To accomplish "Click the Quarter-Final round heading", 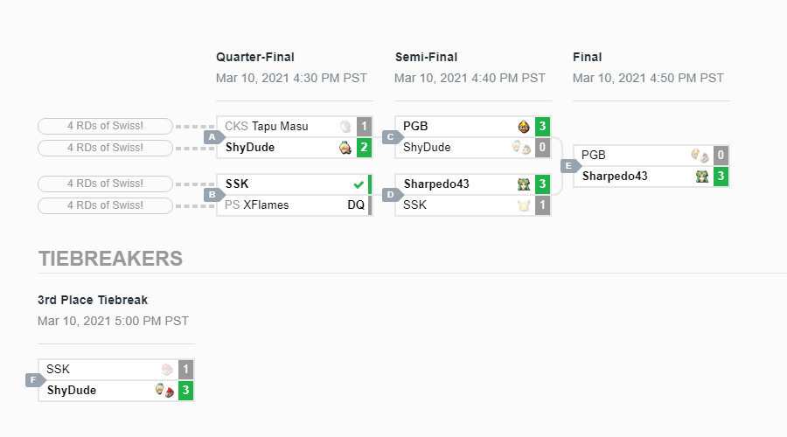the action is pyautogui.click(x=255, y=57).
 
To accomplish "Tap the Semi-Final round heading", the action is pyautogui.click(x=426, y=57).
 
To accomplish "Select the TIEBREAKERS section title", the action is pyautogui.click(x=110, y=259).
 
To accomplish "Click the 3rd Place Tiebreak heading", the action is pyautogui.click(x=93, y=300).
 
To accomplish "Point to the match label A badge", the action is pyautogui.click(x=213, y=137).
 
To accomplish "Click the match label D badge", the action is pyautogui.click(x=392, y=195).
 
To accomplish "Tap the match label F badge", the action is pyautogui.click(x=35, y=380).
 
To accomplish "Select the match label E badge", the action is pyautogui.click(x=570, y=166).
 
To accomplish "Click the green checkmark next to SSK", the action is pyautogui.click(x=359, y=184).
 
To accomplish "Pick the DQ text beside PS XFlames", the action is pyautogui.click(x=356, y=205).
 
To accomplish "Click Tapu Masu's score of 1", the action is pyautogui.click(x=365, y=127).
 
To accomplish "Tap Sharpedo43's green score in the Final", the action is pyautogui.click(x=721, y=176).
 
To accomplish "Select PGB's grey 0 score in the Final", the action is pyautogui.click(x=721, y=155).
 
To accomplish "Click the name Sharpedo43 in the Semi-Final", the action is pyautogui.click(x=436, y=184).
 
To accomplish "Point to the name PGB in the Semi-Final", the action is pyautogui.click(x=415, y=127).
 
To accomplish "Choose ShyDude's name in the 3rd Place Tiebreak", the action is pyautogui.click(x=72, y=391).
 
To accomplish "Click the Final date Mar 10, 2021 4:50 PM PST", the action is pyautogui.click(x=648, y=79).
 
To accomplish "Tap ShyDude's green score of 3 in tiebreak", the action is pyautogui.click(x=185, y=391).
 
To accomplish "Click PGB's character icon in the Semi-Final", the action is pyautogui.click(x=524, y=127).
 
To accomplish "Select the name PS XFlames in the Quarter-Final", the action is pyautogui.click(x=256, y=205).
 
